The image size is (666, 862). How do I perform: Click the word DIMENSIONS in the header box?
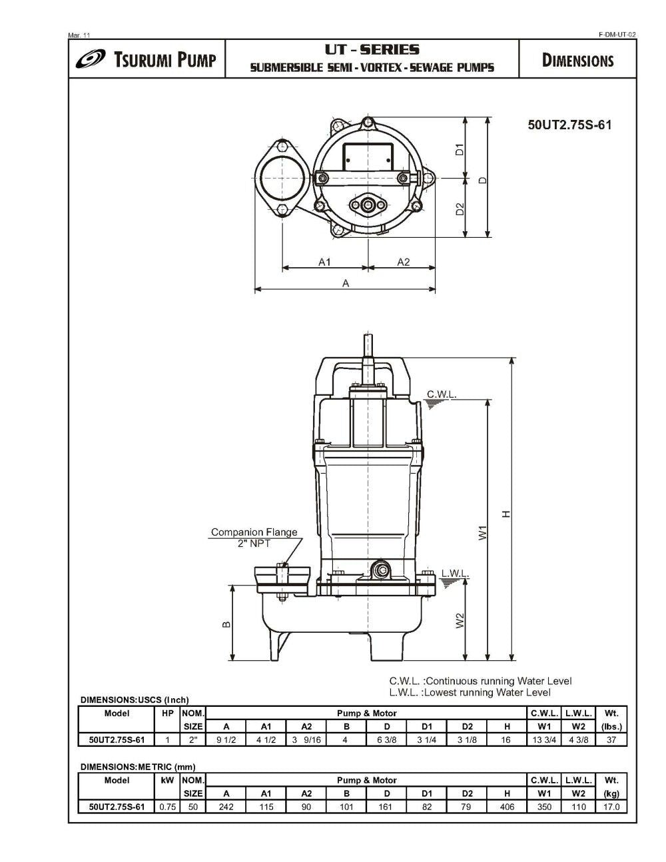pos(577,61)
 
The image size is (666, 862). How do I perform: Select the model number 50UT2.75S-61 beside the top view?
pos(569,125)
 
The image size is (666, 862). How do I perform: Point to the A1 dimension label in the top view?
pos(324,262)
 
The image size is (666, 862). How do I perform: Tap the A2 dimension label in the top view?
pos(404,262)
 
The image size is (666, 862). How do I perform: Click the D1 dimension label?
pos(460,149)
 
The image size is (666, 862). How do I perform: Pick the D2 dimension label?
pos(460,209)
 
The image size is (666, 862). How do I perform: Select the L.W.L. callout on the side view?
pos(455,574)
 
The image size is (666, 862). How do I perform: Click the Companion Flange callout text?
pos(254,532)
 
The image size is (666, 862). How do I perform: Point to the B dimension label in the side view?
pos(226,624)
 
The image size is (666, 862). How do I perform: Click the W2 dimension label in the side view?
pos(460,620)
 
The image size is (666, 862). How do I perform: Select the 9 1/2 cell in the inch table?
pos(226,740)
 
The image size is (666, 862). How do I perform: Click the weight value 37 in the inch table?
pos(611,740)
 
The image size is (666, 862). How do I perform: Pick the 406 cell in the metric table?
pos(507,807)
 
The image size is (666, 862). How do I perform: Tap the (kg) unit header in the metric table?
pos(611,793)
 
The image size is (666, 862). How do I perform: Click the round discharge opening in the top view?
pos(280,180)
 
